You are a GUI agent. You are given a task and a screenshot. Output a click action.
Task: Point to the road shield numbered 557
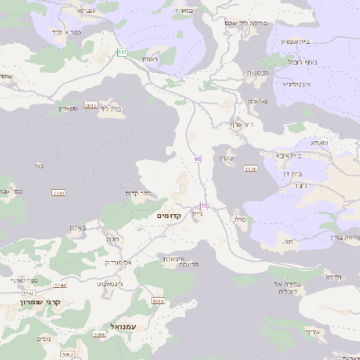coord(121,53)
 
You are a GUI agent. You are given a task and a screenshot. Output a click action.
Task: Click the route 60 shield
coord(197,159)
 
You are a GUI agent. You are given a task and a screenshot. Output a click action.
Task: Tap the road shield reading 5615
coord(91,105)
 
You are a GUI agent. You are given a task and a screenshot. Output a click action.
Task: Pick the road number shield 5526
coord(250,168)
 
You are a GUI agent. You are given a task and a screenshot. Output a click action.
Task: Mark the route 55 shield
coord(204,206)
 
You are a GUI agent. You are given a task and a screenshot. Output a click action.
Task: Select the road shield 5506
coord(59,193)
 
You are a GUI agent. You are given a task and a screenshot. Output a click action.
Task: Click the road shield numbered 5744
coord(60,285)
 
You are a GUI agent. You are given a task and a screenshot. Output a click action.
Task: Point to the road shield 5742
coord(27,292)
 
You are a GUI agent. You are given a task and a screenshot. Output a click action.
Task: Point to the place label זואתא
coord(319,142)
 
